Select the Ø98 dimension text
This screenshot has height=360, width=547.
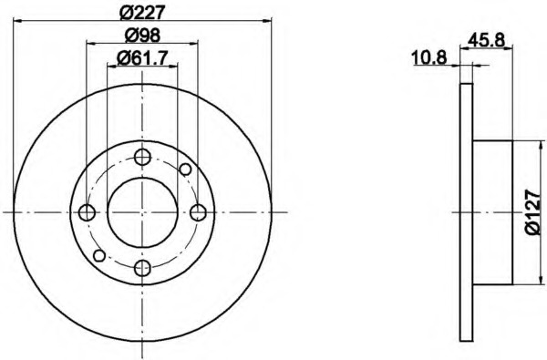142,35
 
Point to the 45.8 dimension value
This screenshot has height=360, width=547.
486,40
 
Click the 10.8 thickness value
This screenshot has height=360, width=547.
429,57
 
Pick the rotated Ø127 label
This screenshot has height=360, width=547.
533,212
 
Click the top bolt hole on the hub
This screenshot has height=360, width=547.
142,157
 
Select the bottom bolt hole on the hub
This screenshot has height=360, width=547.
142,268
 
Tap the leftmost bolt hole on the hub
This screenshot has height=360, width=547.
87,212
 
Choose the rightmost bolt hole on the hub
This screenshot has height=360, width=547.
198,212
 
